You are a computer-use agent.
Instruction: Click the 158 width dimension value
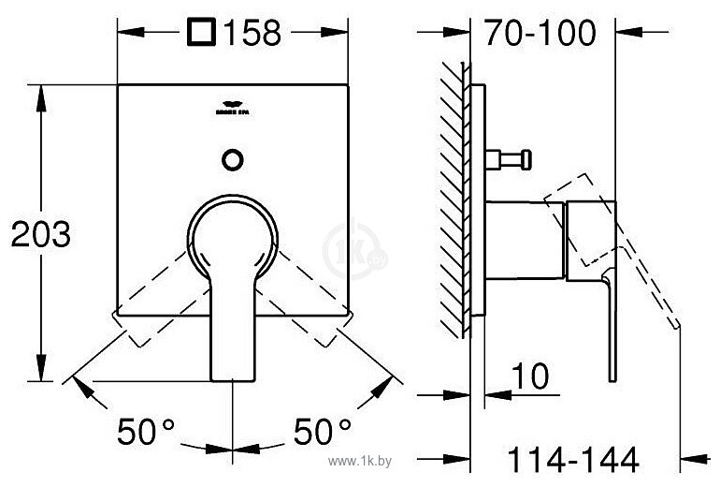pyautogui.click(x=251, y=34)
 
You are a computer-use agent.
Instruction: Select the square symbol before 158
pyautogui.click(x=201, y=34)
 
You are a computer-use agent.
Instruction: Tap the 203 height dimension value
pyautogui.click(x=40, y=234)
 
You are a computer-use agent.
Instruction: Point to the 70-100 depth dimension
pyautogui.click(x=540, y=34)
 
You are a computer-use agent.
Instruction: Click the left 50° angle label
pyautogui.click(x=147, y=432)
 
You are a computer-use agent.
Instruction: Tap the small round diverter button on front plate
pyautogui.click(x=232, y=158)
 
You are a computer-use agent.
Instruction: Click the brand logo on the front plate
pyautogui.click(x=232, y=108)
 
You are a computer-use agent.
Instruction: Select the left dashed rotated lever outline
pyautogui.click(x=154, y=300)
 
